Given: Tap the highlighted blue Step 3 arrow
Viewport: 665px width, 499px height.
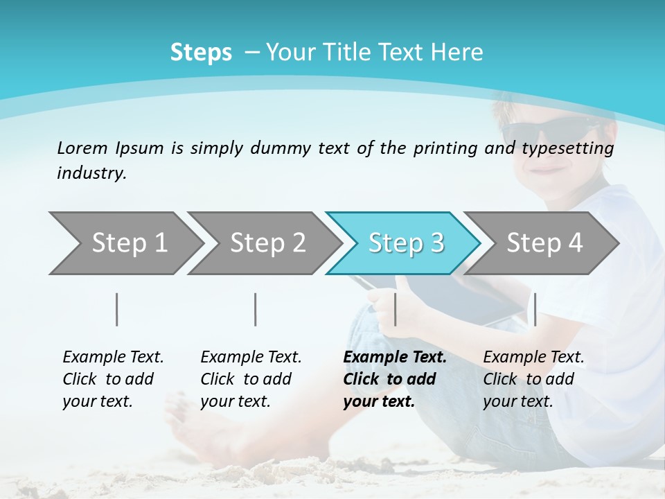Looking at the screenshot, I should click(x=405, y=243).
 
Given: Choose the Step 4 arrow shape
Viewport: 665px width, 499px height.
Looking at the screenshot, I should click(x=544, y=243).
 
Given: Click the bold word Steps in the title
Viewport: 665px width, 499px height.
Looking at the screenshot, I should click(x=201, y=53).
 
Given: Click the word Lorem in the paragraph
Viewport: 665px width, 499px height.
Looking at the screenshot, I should click(x=82, y=148).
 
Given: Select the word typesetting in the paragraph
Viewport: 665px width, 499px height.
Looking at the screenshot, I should click(x=569, y=148).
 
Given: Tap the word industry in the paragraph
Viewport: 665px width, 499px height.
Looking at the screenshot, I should click(x=91, y=173).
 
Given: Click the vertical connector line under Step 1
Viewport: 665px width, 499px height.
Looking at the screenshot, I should click(x=117, y=309).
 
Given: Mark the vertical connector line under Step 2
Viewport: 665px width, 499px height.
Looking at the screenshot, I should click(x=256, y=309).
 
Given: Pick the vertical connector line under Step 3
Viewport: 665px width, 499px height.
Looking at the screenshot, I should click(x=395, y=309).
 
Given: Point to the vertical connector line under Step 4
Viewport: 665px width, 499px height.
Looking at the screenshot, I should click(x=535, y=309).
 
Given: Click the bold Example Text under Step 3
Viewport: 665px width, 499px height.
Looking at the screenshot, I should click(x=395, y=357).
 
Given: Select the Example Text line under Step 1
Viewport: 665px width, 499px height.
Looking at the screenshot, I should click(x=113, y=357).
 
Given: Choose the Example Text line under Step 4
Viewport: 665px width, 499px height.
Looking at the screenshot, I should click(x=533, y=357).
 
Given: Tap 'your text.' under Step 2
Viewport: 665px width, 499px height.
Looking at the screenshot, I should click(x=235, y=401).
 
